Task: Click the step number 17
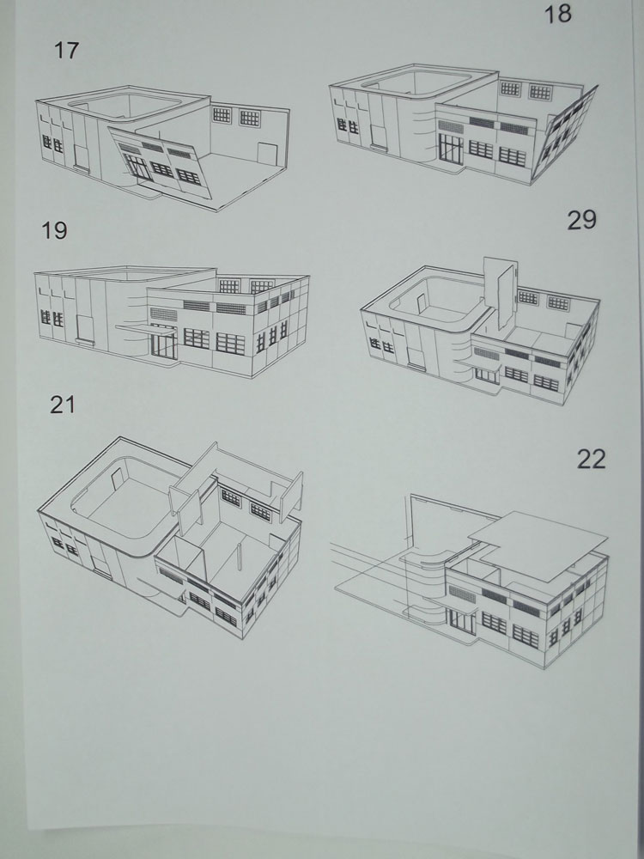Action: (66, 51)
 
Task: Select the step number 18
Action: (557, 14)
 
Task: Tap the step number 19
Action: (54, 230)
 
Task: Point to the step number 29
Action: (581, 220)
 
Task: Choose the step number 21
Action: (63, 405)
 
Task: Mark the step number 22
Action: (592, 459)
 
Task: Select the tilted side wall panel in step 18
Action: (564, 133)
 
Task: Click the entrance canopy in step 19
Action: (146, 329)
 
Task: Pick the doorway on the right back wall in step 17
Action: (268, 154)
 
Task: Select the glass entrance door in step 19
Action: (164, 345)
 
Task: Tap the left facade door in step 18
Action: (379, 137)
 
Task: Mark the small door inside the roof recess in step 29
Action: (421, 303)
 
